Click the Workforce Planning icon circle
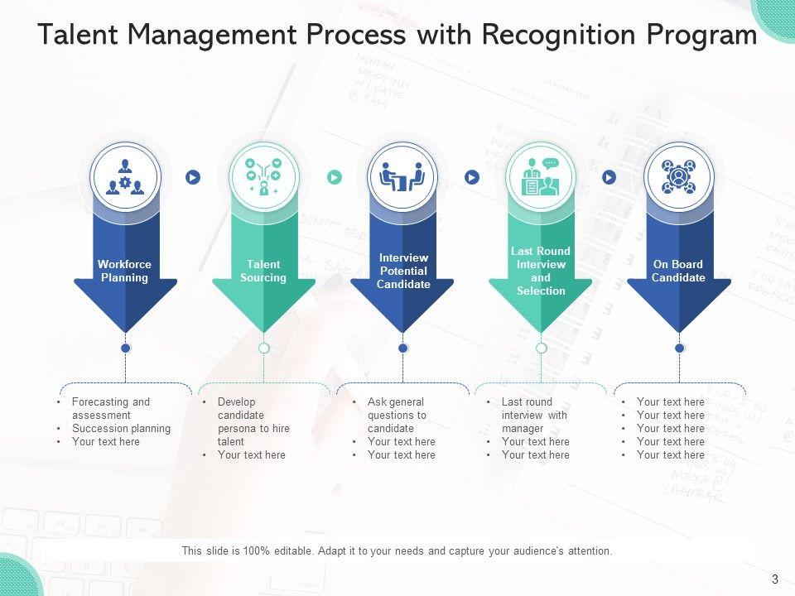tap(125, 176)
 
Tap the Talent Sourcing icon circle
tap(263, 176)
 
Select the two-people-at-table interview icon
tap(402, 176)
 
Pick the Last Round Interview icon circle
tap(541, 176)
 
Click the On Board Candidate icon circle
tap(679, 176)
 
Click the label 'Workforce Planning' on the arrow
tap(125, 272)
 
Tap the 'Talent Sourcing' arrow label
tap(263, 272)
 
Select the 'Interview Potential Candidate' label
tap(403, 272)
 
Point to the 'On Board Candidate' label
tap(678, 272)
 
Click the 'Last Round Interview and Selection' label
tap(541, 272)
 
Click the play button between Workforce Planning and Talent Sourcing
tap(193, 177)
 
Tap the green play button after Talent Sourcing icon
tap(334, 177)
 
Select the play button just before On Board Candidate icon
tap(609, 177)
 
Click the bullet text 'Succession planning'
tap(121, 429)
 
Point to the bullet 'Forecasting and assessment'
tap(111, 409)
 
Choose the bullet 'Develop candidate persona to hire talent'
tap(253, 422)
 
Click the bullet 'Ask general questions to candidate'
tap(397, 416)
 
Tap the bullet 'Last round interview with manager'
tap(534, 416)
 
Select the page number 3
tap(774, 579)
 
